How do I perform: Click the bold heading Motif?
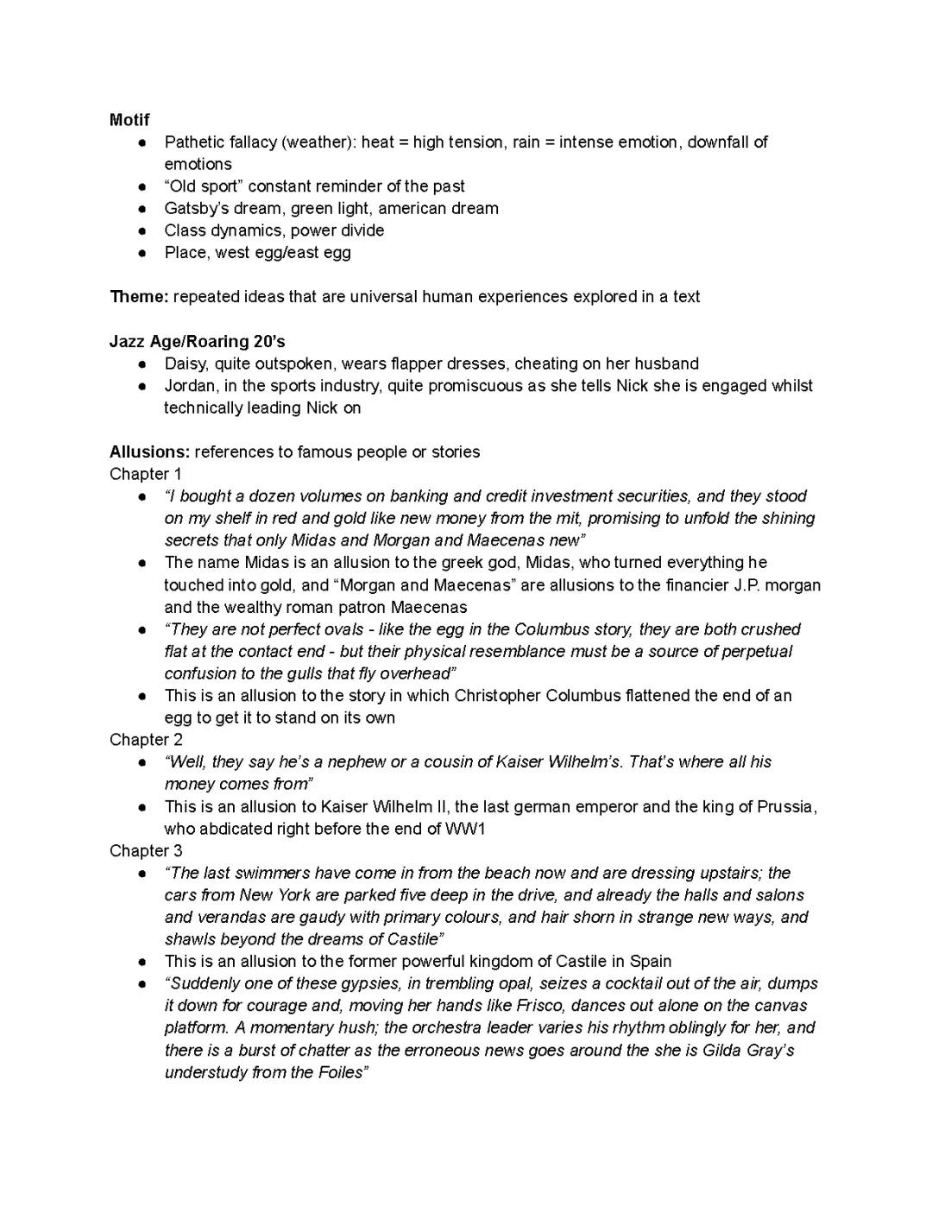tap(129, 120)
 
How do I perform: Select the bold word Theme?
tap(139, 297)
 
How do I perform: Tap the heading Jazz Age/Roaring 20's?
tap(197, 341)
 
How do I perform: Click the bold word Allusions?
tap(149, 452)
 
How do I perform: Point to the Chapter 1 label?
tap(146, 474)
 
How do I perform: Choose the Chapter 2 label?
tap(146, 740)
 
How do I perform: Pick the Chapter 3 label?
tap(146, 851)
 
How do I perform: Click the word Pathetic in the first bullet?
tap(194, 142)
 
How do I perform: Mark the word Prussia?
tap(785, 807)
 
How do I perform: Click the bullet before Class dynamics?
tap(142, 230)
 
